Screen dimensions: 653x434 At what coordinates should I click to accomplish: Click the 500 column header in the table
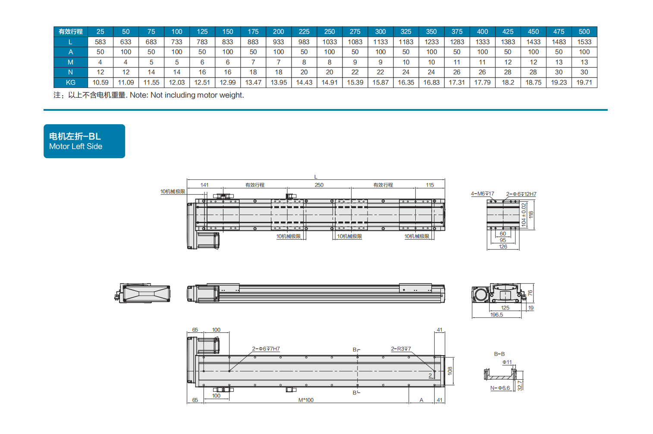point(584,31)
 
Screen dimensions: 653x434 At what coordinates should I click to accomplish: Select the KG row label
point(71,82)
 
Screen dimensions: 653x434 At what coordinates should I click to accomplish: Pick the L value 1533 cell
point(584,42)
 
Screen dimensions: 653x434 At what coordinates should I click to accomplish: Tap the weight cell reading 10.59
point(100,82)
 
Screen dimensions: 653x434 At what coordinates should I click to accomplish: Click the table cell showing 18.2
point(508,82)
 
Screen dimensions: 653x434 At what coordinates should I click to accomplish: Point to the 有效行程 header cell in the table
point(71,31)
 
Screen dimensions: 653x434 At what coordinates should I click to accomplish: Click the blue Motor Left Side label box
point(84,141)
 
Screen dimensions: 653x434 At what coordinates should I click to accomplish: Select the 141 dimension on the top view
point(204,185)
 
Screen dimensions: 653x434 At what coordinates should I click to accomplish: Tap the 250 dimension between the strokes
point(319,185)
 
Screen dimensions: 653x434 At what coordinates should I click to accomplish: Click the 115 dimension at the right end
point(430,185)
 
